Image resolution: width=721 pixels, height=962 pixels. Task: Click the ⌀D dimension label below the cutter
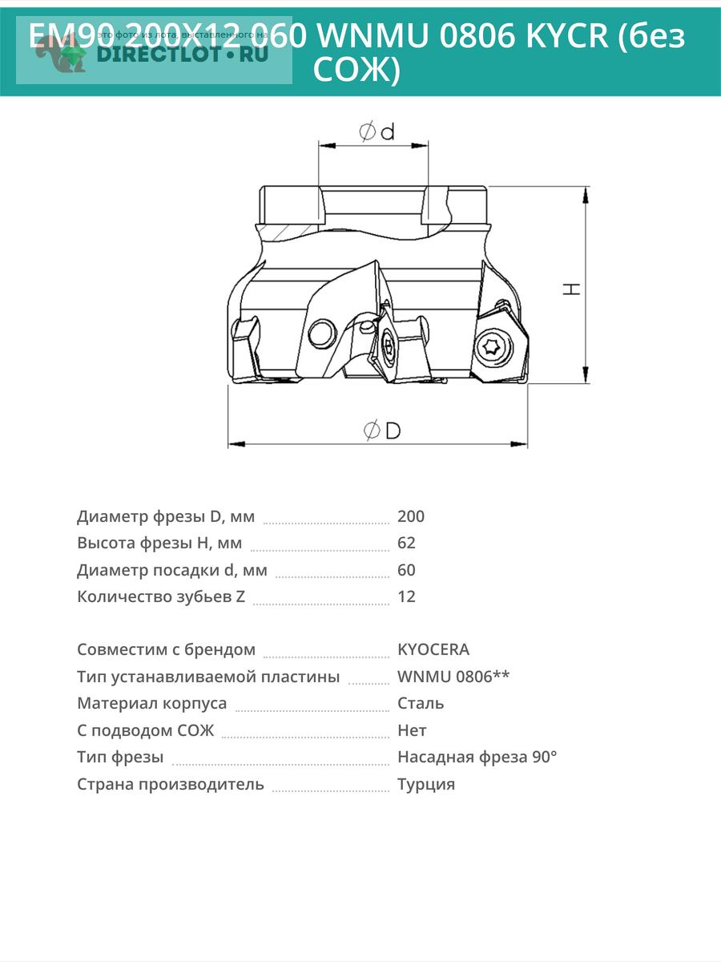pos(382,430)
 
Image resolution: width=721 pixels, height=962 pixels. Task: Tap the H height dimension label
pos(571,287)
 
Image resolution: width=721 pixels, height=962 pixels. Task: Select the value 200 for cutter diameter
pos(411,516)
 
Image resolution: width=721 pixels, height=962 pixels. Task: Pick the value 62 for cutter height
pos(406,543)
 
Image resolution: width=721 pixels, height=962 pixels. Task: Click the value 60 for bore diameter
pos(406,570)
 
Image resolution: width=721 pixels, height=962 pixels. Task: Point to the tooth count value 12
pos(406,596)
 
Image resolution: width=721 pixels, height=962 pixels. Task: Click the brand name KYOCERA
pos(433,649)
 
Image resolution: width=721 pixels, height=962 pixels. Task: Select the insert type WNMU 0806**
pos(453,677)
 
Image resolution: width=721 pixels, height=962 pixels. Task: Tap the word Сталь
pos(421,703)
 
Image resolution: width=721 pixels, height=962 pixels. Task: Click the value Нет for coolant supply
pos(412,730)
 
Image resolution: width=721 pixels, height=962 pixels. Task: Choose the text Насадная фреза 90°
pos(477,757)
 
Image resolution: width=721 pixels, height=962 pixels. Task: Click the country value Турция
pos(426,784)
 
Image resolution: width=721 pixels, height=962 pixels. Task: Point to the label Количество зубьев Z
pos(161,596)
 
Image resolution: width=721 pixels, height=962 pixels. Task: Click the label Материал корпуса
pos(151,703)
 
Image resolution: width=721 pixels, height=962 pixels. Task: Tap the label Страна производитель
pos(170,784)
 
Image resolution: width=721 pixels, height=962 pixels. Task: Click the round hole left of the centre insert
pos(322,333)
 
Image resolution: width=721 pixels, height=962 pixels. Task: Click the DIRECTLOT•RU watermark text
pos(181,55)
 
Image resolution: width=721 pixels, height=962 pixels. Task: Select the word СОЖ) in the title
pos(356,71)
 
